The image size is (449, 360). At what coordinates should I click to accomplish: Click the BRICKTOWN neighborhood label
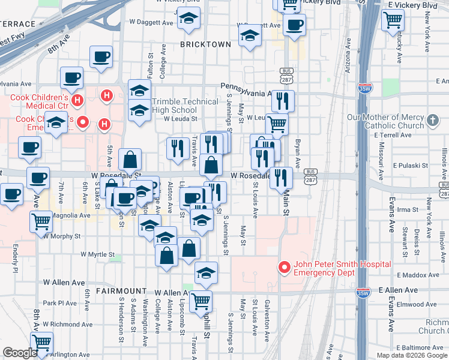(206, 44)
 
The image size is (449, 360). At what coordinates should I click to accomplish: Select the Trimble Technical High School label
(174, 106)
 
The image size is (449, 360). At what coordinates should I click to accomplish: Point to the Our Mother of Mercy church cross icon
(432, 122)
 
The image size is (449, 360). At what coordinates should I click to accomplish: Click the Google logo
(20, 353)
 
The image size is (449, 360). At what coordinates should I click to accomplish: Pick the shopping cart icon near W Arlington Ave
(41, 343)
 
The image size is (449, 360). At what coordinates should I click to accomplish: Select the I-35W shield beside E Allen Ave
(362, 293)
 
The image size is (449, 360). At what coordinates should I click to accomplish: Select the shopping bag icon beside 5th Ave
(130, 160)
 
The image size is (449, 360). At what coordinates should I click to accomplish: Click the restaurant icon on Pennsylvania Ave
(283, 100)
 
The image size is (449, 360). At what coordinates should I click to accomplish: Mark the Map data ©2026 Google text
(412, 355)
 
